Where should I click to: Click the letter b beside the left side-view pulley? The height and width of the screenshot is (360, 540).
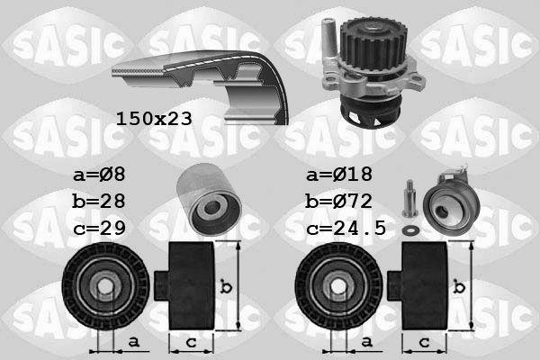pyautogui.click(x=227, y=287)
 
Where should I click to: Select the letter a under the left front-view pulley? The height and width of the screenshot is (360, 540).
pyautogui.click(x=132, y=342)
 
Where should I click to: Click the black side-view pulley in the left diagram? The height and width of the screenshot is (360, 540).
pyautogui.click(x=188, y=287)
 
